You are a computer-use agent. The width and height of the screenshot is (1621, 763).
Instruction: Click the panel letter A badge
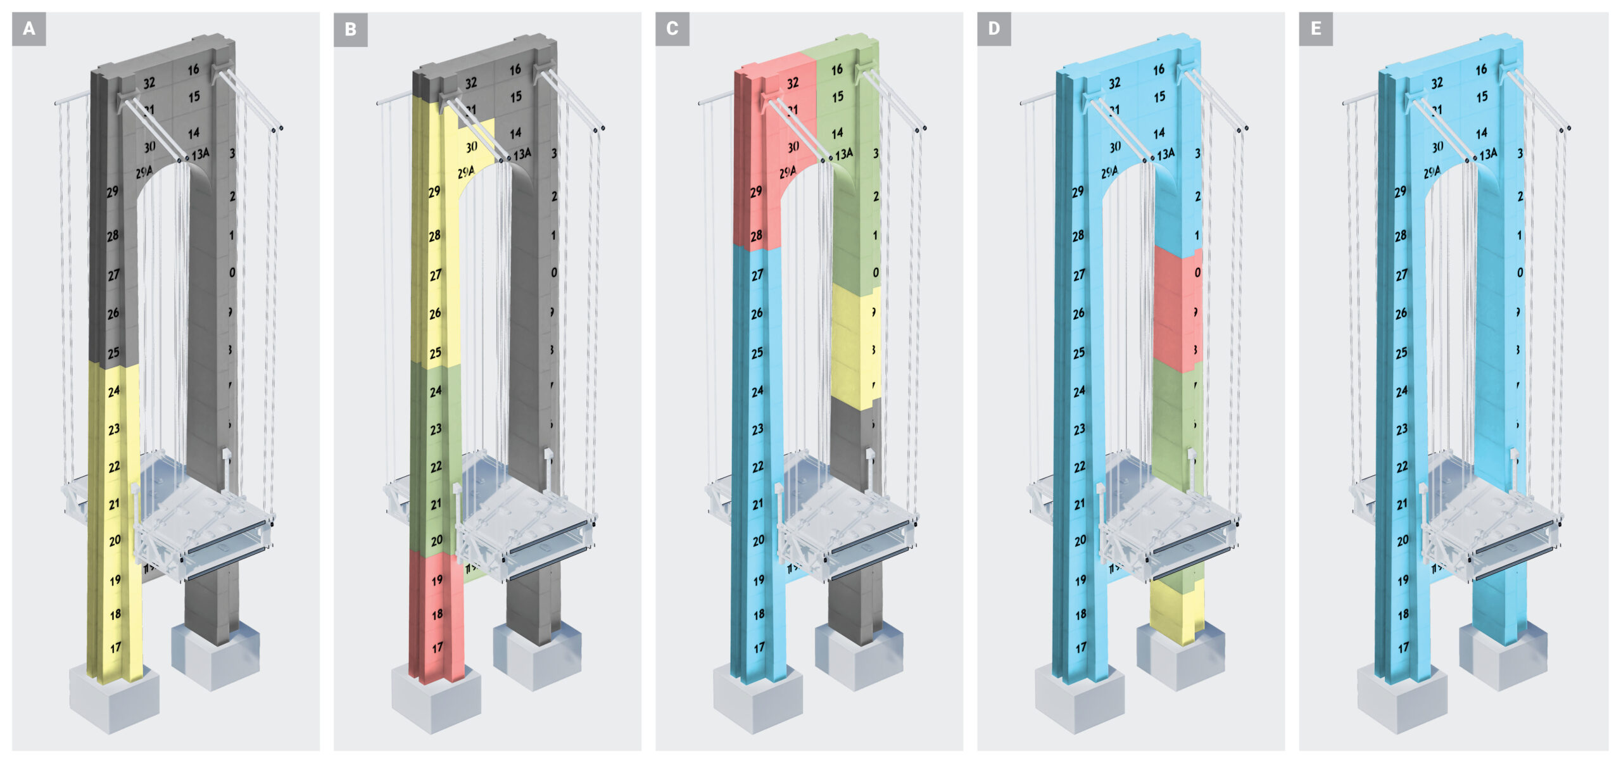tap(28, 28)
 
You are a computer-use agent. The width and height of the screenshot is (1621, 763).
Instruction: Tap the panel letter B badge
tap(350, 29)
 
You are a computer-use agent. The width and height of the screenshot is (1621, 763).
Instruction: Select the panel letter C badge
tap(672, 28)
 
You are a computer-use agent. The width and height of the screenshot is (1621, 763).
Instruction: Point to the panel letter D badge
tap(993, 28)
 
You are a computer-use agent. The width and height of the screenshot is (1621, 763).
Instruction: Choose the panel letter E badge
tap(1316, 28)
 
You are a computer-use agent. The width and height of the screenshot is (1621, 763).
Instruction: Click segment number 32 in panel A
tap(149, 83)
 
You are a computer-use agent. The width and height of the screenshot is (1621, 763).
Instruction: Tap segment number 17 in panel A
tap(115, 648)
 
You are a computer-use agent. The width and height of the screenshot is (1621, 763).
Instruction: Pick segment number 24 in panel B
tap(436, 391)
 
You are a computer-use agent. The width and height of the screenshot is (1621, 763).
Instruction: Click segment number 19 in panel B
tap(437, 580)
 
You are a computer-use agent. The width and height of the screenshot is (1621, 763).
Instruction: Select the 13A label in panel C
tap(843, 154)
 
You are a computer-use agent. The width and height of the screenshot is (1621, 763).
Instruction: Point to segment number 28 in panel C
tap(756, 236)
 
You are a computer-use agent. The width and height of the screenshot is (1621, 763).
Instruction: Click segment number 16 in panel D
tap(1158, 70)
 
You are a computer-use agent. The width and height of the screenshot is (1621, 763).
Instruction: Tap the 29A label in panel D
tap(1109, 172)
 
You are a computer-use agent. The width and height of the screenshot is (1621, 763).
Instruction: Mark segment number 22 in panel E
tap(1403, 467)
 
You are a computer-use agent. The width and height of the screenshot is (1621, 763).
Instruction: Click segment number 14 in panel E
tap(1481, 133)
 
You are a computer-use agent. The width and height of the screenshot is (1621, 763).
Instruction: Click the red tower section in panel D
tap(1176, 310)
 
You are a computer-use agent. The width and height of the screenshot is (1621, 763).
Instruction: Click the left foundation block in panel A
tap(114, 700)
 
